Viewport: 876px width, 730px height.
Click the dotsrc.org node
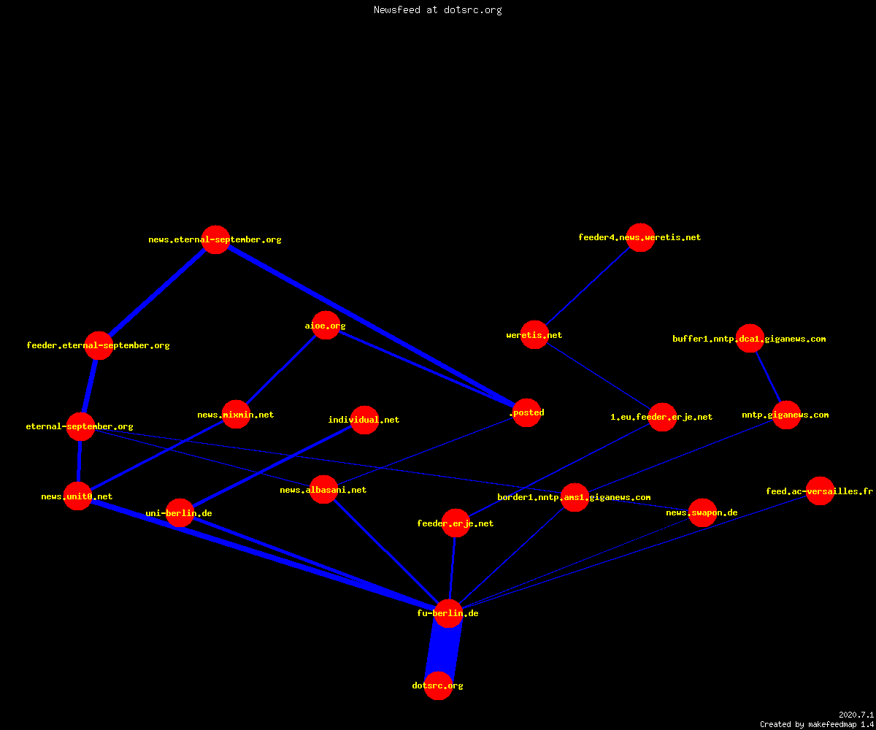pyautogui.click(x=438, y=685)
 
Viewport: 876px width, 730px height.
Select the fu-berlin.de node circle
pyautogui.click(x=448, y=613)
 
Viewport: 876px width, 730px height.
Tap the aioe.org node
pyautogui.click(x=326, y=325)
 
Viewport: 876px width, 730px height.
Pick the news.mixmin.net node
pyautogui.click(x=237, y=415)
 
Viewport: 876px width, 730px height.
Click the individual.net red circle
pyautogui.click(x=364, y=420)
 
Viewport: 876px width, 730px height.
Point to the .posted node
pyautogui.click(x=527, y=413)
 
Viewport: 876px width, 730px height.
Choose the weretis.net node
pyautogui.click(x=534, y=335)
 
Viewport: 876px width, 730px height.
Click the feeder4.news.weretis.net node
pyautogui.click(x=640, y=237)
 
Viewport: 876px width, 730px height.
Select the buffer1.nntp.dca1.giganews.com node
pyautogui.click(x=750, y=339)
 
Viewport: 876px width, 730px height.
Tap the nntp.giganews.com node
pyautogui.click(x=787, y=415)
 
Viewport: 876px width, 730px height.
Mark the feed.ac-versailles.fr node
pyautogui.click(x=821, y=491)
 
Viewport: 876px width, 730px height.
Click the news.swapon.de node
pyautogui.click(x=703, y=512)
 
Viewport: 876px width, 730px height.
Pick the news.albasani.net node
pyautogui.click(x=323, y=490)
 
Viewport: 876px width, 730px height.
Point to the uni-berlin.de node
pyautogui.click(x=180, y=513)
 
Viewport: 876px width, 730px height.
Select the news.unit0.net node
pyautogui.click(x=77, y=496)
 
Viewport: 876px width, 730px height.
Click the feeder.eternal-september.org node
pyautogui.click(x=99, y=345)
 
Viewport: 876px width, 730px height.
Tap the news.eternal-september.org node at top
pyautogui.click(x=215, y=239)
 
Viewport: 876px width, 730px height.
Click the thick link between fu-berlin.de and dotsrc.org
pyautogui.click(x=443, y=650)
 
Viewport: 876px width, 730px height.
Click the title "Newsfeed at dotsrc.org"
pyautogui.click(x=437, y=10)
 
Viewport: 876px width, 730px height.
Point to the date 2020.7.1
pyautogui.click(x=856, y=715)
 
